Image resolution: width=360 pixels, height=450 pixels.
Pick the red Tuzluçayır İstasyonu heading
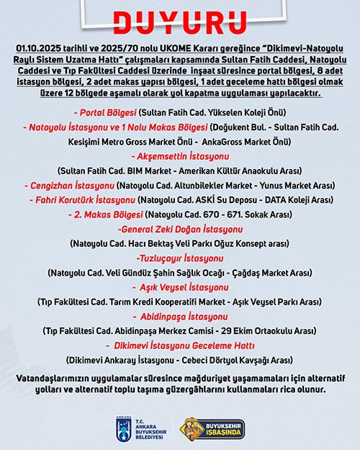pos(179,258)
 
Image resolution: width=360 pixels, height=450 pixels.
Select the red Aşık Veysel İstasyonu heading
pos(179,287)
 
